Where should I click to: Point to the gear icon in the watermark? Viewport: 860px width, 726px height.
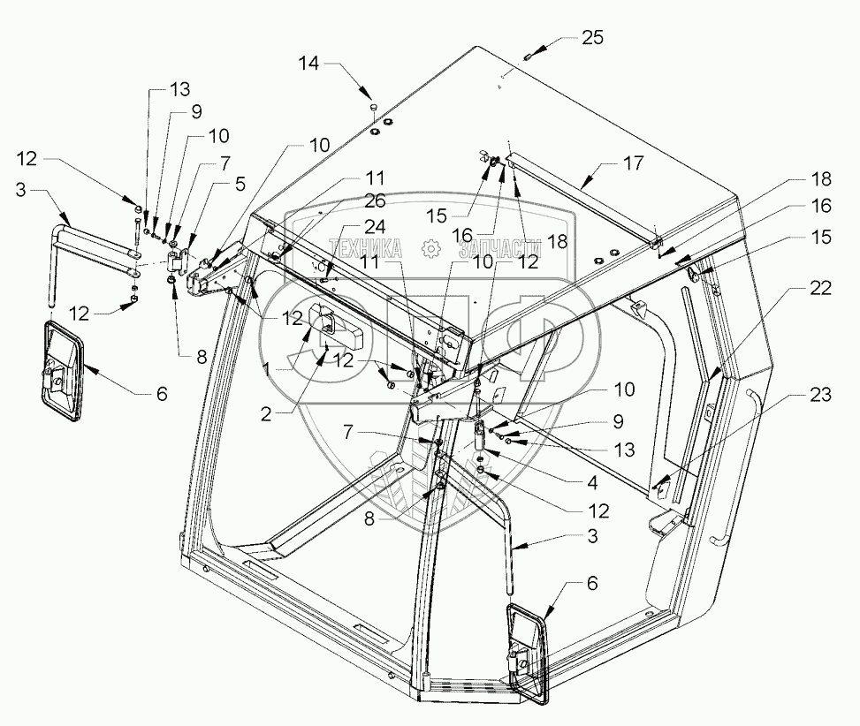(x=430, y=250)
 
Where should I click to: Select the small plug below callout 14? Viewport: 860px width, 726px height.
(x=372, y=108)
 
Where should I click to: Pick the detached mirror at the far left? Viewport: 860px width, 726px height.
(x=60, y=365)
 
